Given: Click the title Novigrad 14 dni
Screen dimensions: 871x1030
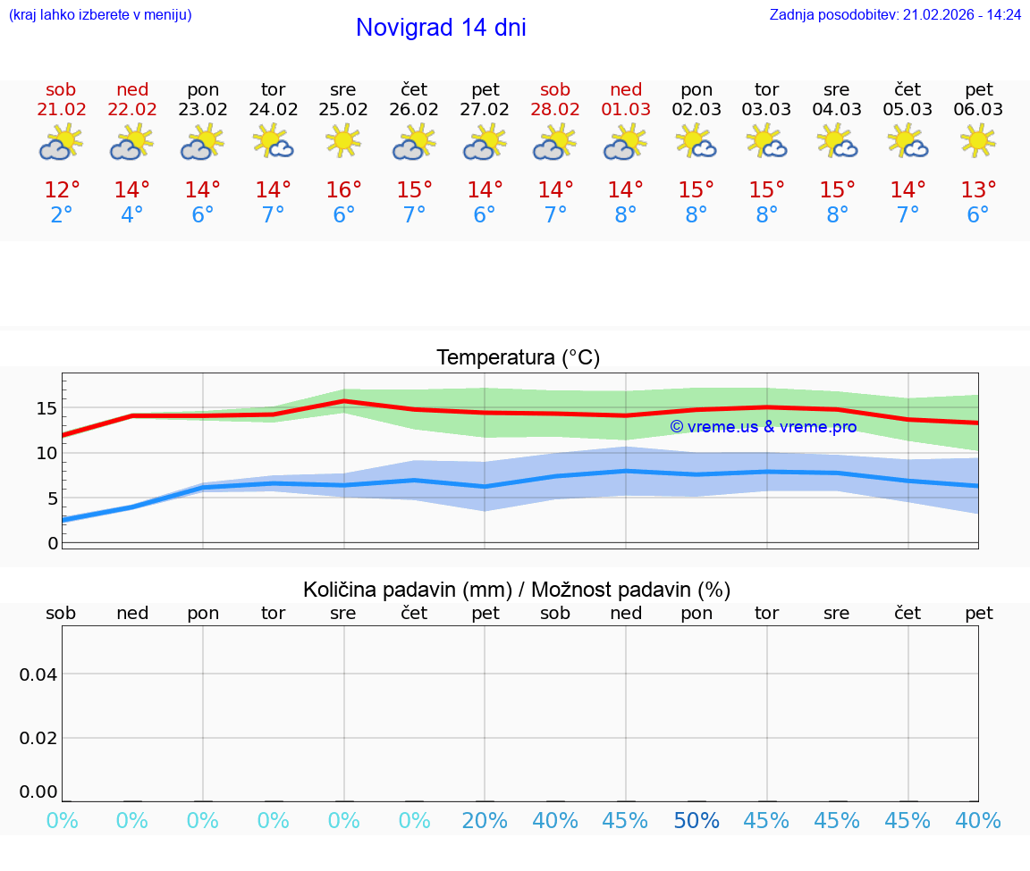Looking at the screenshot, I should coord(441,28).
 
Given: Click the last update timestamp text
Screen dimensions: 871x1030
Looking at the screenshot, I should coord(895,15).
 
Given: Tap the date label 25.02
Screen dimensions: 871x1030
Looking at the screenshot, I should coord(343,110).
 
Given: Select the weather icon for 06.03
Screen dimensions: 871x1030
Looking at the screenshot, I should coord(978,141).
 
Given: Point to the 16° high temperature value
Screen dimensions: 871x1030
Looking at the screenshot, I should coord(343,190).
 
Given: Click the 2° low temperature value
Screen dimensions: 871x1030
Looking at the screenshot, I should coord(61,215).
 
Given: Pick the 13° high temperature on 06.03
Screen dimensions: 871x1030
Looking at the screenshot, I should coord(978,190).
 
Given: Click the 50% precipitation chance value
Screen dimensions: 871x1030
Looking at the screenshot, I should coord(697,821).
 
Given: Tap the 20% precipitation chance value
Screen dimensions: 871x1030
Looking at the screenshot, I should coord(485,821).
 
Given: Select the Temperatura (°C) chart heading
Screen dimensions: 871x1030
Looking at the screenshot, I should coord(518,358).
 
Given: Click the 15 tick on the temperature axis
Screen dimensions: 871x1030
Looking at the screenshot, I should coord(46,408).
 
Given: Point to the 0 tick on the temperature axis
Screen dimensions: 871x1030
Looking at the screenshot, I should coord(53,543).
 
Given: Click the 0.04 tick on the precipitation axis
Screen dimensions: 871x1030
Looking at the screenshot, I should coord(38,674).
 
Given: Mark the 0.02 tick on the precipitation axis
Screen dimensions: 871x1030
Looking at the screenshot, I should coord(38,738).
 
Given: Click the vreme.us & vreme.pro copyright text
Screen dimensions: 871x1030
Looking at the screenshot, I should coord(763,427).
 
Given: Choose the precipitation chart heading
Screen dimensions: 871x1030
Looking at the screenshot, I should coord(517,590).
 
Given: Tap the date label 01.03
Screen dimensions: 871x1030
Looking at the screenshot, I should coord(626,110).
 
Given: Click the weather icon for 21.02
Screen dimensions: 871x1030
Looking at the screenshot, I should coord(61,142).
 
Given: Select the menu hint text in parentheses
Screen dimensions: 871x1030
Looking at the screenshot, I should coord(100,15).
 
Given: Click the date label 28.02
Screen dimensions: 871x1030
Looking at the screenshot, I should coord(555,110).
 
